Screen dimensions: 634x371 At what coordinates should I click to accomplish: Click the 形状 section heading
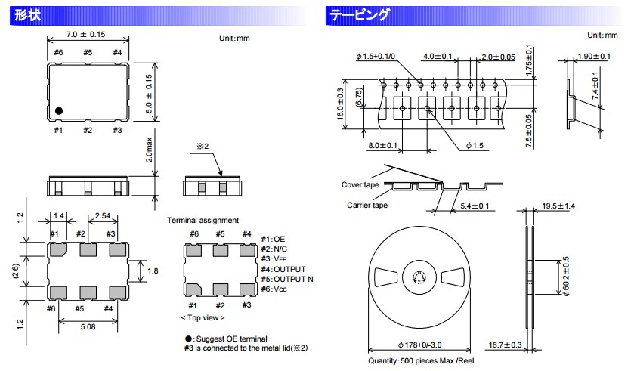[27, 15]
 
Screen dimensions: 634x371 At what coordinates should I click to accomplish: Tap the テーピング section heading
[359, 15]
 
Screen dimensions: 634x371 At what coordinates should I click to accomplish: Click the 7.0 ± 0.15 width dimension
[85, 34]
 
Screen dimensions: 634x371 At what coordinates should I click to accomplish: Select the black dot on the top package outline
[59, 111]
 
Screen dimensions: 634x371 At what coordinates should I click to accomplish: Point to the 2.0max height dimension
[149, 150]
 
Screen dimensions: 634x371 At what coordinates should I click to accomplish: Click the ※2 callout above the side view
[203, 146]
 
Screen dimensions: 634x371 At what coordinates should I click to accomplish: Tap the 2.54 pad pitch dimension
[102, 216]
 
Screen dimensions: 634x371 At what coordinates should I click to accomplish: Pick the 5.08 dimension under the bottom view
[88, 326]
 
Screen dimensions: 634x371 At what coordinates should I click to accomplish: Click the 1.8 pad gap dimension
[153, 271]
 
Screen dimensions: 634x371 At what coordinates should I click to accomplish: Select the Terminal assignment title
[203, 220]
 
